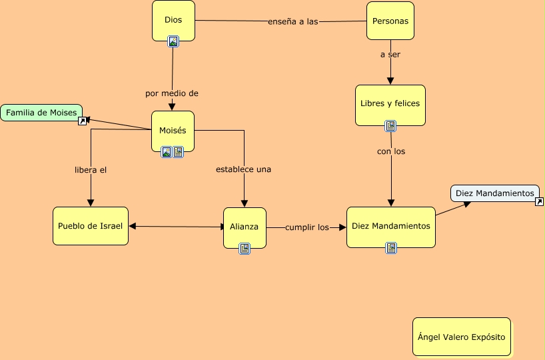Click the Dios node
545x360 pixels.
(173, 20)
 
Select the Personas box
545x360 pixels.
(390, 20)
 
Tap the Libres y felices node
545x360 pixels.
(390, 104)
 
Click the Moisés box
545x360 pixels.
(173, 130)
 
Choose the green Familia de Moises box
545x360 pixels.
(41, 113)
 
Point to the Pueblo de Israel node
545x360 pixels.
(91, 226)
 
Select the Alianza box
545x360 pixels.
(245, 227)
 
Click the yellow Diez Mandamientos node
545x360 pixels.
(390, 226)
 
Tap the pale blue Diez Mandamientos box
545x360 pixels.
(494, 193)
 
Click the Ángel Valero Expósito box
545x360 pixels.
(461, 337)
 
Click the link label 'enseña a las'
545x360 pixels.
(292, 21)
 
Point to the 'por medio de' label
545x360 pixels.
(172, 93)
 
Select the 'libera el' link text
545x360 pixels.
(91, 169)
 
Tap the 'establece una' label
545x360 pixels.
(243, 169)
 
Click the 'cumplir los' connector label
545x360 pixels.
(307, 227)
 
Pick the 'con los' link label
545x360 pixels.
(391, 151)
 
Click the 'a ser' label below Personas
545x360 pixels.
(390, 55)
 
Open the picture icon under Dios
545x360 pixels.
(173, 41)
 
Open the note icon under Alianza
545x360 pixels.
(245, 249)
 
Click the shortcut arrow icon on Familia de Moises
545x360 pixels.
(83, 121)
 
